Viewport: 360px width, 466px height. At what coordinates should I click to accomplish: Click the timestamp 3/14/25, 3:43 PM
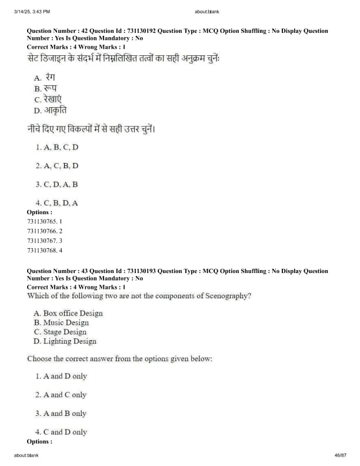pos(32,11)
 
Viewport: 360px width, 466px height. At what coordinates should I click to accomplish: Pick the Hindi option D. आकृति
pos(51,110)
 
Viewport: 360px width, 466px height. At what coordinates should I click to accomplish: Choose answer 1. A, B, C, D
pos(56,147)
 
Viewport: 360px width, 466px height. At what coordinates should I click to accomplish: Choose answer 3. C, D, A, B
pos(56,184)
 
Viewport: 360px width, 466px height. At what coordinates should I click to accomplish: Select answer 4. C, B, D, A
pos(56,203)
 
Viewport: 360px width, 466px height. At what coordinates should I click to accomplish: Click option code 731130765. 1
pos(45,221)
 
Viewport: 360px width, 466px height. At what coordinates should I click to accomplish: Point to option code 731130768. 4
pos(45,250)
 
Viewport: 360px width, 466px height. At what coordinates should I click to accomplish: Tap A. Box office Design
pos(68,313)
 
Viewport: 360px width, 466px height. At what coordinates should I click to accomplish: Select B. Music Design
pos(61,322)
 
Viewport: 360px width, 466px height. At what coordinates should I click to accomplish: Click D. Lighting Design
pos(65,341)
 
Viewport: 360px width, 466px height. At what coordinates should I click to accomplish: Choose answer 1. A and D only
pos(61,376)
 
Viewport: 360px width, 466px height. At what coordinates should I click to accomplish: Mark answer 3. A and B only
pos(61,413)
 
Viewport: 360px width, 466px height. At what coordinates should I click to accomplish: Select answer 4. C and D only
pos(61,432)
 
